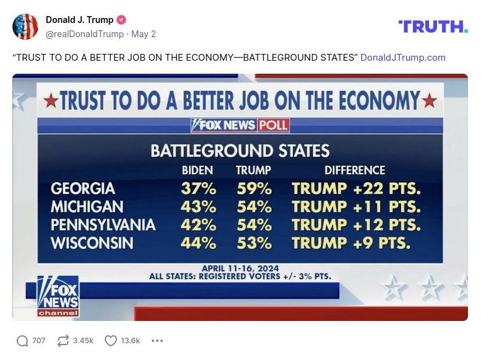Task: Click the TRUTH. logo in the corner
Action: tap(433, 26)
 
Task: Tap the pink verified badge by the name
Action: tap(121, 20)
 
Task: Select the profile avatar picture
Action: tap(25, 27)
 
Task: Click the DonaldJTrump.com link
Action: tap(402, 58)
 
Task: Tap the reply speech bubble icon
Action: tap(22, 340)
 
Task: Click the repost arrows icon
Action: tap(63, 340)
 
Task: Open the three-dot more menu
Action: tap(157, 340)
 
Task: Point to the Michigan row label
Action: tap(87, 206)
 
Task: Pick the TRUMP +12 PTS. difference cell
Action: tap(356, 224)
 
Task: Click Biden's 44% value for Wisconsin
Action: tap(198, 243)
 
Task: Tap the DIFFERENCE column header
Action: tap(355, 170)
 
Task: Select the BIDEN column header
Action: tap(197, 170)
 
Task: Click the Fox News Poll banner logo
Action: tap(240, 125)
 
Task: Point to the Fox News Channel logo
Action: tap(58, 296)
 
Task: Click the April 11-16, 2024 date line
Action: tap(240, 268)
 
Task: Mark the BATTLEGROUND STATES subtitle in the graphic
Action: tap(240, 151)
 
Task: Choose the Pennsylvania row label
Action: tap(103, 224)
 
